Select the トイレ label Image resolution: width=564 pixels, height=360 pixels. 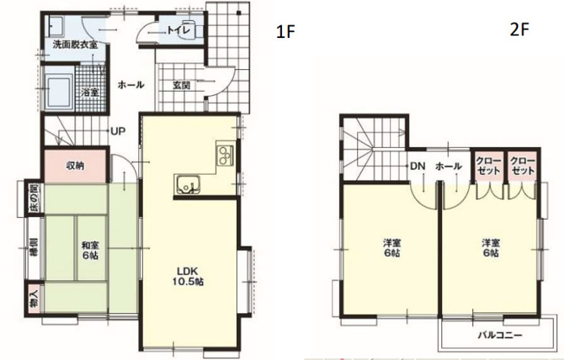click(189, 29)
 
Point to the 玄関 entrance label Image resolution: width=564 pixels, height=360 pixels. click(182, 85)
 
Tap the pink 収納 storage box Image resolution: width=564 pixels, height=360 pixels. click(75, 165)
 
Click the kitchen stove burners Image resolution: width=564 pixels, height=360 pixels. click(225, 156)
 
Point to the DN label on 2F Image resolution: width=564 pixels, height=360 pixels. click(416, 165)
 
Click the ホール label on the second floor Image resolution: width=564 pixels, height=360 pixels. click(448, 165)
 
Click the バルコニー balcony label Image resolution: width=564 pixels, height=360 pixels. click(494, 334)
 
